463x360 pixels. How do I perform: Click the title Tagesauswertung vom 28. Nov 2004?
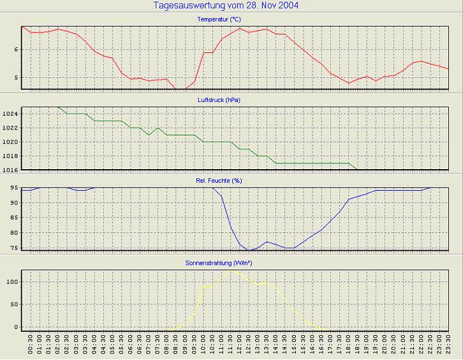click(226, 6)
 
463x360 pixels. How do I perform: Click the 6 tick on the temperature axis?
click(17, 49)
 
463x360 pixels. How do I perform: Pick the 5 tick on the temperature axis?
click(17, 78)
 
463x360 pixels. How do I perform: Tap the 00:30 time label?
click(31, 347)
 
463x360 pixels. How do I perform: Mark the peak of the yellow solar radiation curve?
click(231, 270)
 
